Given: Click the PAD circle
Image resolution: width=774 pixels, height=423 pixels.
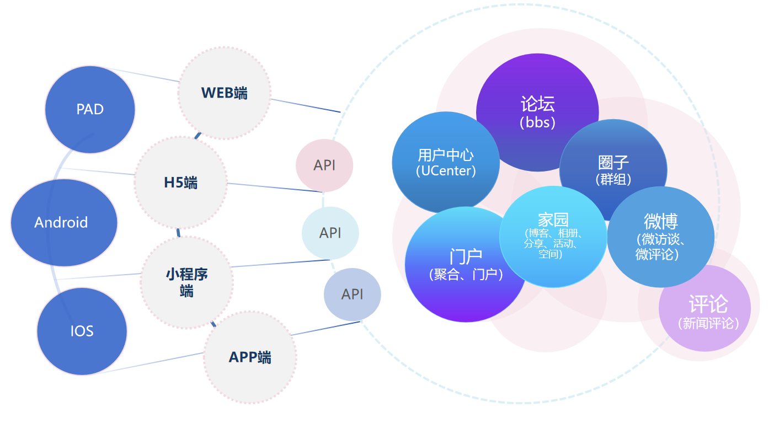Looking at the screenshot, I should tap(90, 109).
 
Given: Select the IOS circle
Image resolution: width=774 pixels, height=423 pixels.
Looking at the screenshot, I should tap(82, 331).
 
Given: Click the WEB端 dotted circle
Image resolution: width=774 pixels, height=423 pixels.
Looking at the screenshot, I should tap(225, 93).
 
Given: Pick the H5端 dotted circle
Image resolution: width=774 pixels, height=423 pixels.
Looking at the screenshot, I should tap(180, 183).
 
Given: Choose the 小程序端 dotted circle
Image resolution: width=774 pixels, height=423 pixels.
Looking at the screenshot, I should tap(186, 282).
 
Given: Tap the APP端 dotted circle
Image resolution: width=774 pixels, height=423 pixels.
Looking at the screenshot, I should tap(250, 357).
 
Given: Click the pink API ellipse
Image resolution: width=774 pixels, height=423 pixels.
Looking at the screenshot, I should tap(324, 165).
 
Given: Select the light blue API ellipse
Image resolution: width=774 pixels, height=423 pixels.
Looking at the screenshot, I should tap(330, 233).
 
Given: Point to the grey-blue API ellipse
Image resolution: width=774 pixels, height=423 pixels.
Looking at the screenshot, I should tap(352, 294).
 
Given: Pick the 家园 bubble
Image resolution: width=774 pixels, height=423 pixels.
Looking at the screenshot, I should tap(553, 236).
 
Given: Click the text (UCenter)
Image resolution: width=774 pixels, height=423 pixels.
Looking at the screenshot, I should tap(446, 171).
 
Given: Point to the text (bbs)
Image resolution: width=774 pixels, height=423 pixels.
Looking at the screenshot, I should tap(537, 122).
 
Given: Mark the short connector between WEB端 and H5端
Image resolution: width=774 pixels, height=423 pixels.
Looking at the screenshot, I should tap(197, 135).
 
